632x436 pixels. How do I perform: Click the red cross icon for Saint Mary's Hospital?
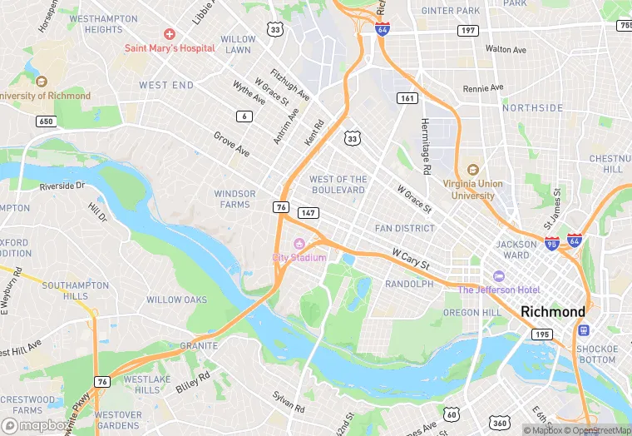click(170, 34)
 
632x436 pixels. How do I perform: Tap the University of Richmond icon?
click(41, 82)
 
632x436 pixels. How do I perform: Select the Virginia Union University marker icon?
click(473, 171)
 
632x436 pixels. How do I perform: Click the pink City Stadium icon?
click(299, 244)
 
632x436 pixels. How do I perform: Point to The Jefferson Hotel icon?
click(499, 276)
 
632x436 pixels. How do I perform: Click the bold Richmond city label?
click(553, 311)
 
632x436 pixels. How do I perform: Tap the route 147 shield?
click(309, 213)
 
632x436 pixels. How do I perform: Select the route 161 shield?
click(407, 98)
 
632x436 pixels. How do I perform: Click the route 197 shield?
click(468, 31)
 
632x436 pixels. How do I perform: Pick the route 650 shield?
click(47, 121)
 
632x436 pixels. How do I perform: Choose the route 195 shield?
click(542, 334)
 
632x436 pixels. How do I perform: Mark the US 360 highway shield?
click(501, 414)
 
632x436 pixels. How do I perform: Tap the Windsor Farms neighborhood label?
click(235, 199)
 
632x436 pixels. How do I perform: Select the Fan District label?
click(405, 228)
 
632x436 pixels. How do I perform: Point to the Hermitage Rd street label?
click(425, 146)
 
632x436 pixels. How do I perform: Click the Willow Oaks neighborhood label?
click(176, 300)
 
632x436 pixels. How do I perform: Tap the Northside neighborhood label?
click(532, 108)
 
